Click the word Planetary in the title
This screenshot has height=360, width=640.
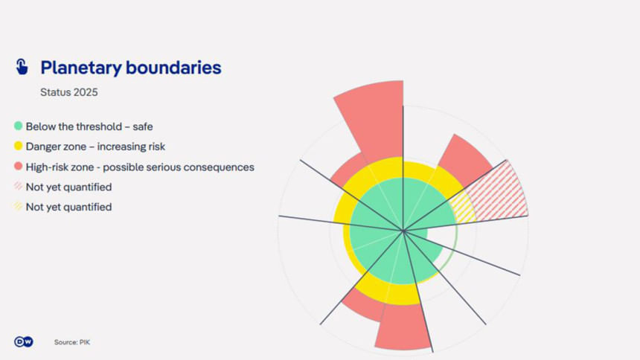coord(81,68)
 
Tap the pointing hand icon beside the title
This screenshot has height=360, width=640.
coord(22,67)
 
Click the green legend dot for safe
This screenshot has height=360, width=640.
coord(18,126)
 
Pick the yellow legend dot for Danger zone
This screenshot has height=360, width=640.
coord(18,146)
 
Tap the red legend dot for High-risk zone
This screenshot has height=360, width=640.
coord(18,166)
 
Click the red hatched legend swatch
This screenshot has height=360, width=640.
coord(18,186)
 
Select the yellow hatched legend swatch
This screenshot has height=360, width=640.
coord(18,206)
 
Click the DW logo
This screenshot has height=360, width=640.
coord(24,341)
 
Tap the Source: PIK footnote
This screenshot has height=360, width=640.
coord(72,342)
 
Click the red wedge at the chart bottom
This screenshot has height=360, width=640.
coord(401,327)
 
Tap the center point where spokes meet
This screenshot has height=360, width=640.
coord(403,231)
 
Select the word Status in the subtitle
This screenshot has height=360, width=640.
coord(54,92)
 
